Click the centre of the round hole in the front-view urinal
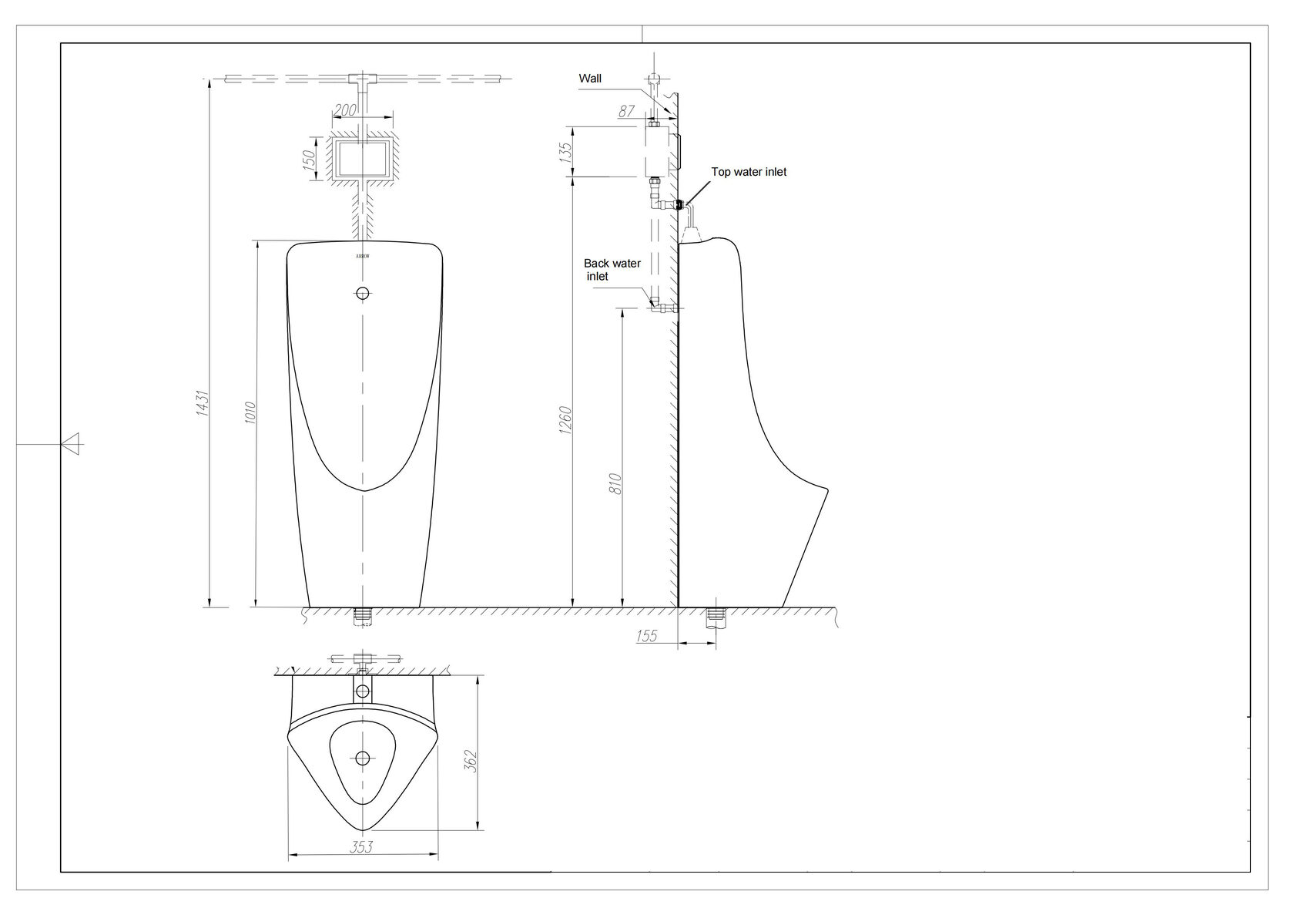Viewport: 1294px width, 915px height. (x=362, y=294)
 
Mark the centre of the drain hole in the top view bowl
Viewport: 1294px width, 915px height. (x=362, y=758)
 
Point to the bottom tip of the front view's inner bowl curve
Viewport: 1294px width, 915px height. (x=364, y=491)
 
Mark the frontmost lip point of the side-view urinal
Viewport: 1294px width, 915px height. (x=828, y=490)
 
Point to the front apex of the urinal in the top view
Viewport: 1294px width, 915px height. (x=362, y=831)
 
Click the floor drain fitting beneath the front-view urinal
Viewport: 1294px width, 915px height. (x=362, y=616)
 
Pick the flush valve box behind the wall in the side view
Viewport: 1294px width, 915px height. (x=658, y=151)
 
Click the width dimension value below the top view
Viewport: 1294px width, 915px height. (x=362, y=847)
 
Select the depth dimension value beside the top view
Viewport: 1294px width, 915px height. (x=471, y=761)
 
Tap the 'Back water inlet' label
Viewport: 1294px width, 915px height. (x=612, y=270)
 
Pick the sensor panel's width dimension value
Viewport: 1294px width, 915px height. (x=345, y=110)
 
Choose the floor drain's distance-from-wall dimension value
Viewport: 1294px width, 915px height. (x=646, y=636)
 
